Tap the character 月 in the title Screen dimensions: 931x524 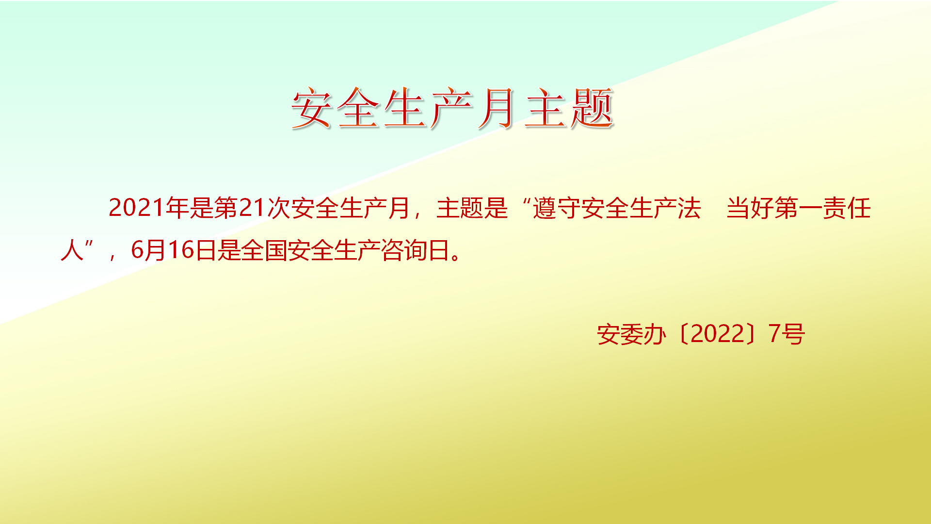[x=497, y=108]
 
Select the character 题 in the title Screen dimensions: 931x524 [x=593, y=108]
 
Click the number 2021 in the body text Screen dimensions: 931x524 [x=137, y=208]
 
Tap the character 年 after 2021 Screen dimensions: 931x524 [x=177, y=208]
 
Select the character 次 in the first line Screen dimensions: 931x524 [x=278, y=208]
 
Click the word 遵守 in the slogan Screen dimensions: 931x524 [x=557, y=208]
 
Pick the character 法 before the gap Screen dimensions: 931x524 [x=689, y=208]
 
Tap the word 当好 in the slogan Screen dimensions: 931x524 [x=750, y=208]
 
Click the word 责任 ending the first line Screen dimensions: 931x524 [x=847, y=208]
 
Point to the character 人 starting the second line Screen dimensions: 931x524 [x=72, y=250]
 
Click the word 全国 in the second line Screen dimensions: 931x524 [x=264, y=250]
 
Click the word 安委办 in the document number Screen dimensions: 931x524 [x=631, y=334]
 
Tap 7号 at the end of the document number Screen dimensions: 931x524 [x=787, y=334]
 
